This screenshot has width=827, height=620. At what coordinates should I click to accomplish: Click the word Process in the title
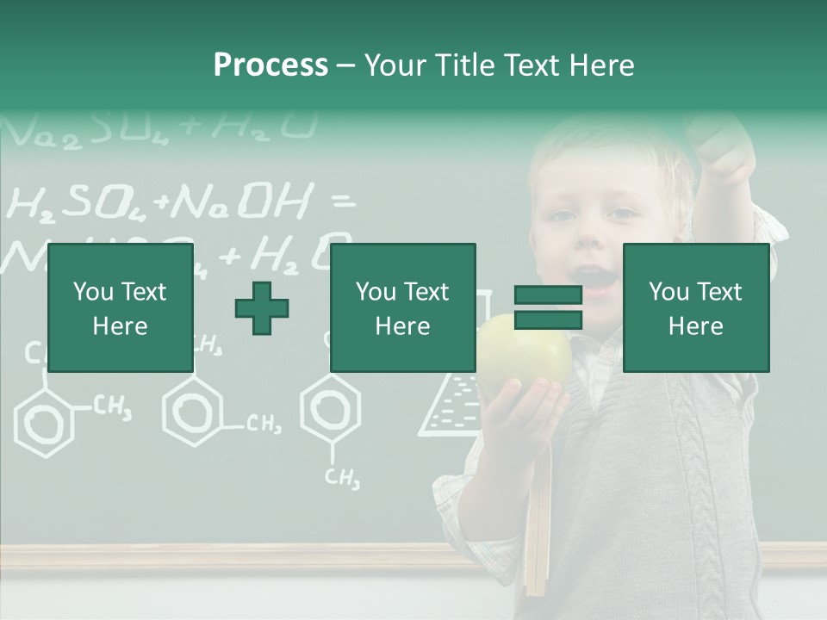[x=270, y=65]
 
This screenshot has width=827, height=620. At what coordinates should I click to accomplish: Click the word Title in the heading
[x=464, y=65]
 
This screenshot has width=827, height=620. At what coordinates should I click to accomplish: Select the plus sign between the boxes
[x=262, y=308]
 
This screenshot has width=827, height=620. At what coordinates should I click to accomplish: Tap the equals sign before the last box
[x=548, y=308]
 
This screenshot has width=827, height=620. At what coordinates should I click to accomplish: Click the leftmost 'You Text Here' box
[x=120, y=308]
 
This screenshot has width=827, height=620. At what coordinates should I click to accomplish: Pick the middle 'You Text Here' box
[x=402, y=308]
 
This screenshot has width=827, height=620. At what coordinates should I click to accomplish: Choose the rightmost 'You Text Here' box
[x=695, y=308]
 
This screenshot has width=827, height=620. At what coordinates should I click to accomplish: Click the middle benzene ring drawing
[x=193, y=411]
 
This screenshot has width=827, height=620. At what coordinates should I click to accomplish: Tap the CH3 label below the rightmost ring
[x=343, y=479]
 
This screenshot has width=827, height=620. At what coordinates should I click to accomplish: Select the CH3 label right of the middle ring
[x=263, y=424]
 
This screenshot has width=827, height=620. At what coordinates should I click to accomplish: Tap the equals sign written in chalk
[x=343, y=203]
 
